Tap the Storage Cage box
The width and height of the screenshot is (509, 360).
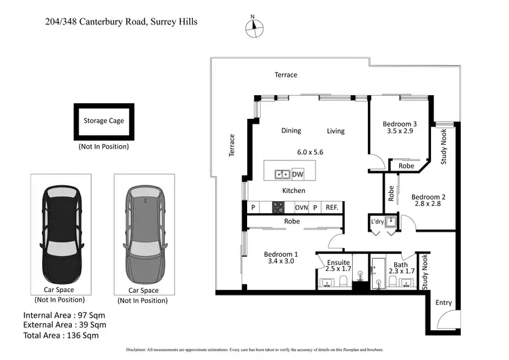point(104,121)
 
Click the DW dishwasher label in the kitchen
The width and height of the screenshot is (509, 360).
point(298,175)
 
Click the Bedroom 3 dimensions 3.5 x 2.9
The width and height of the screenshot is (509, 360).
point(398,131)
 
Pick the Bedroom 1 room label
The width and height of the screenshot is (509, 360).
point(281,254)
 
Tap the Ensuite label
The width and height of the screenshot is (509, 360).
point(339,262)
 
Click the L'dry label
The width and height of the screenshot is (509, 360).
point(378,221)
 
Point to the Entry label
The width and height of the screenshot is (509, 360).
point(443,303)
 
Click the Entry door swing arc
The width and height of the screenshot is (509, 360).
point(445,321)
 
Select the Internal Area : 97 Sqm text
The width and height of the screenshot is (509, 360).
point(64,316)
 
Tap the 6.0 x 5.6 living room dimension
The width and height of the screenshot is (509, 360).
point(309,153)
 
